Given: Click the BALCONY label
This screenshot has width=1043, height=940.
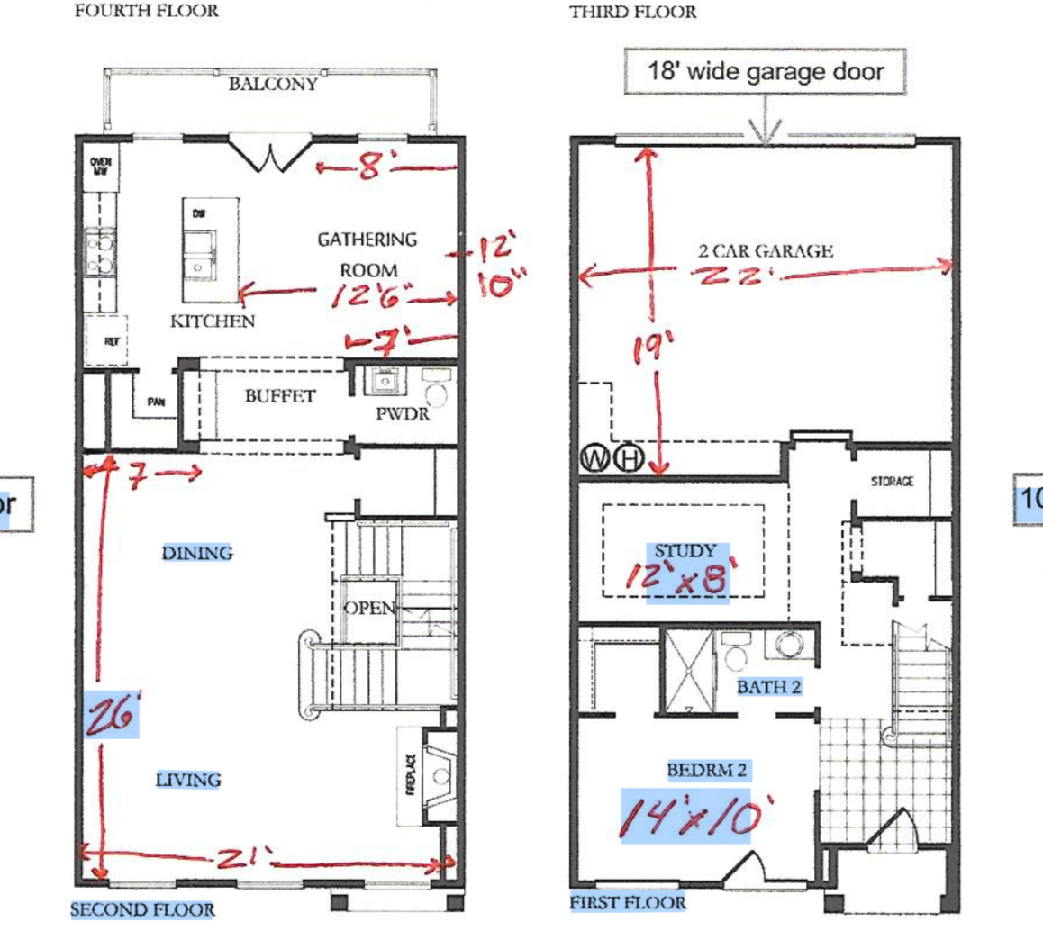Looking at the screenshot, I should (x=272, y=85).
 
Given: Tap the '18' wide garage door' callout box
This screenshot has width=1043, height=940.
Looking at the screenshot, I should (x=765, y=71).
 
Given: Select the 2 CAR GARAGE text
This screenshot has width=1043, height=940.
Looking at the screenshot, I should (x=765, y=251).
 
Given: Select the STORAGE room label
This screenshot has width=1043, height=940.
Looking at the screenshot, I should (x=891, y=482).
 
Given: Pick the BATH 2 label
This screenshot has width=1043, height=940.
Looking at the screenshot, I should (x=768, y=687).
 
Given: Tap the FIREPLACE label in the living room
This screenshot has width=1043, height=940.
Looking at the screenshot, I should (x=411, y=773).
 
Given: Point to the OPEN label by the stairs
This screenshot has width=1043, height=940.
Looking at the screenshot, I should (x=369, y=609).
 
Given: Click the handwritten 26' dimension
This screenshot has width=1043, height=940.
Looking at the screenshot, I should (x=111, y=717).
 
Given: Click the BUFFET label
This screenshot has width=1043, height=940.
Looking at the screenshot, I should (x=279, y=396).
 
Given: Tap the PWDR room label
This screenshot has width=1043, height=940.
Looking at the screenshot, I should (x=402, y=414).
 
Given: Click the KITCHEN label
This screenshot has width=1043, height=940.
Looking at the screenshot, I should (x=213, y=321).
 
